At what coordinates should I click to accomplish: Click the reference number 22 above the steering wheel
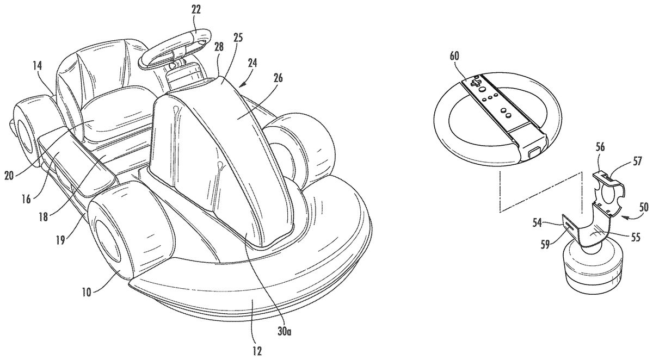[196, 11]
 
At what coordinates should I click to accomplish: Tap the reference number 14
[38, 66]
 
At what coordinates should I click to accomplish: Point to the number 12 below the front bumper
[257, 351]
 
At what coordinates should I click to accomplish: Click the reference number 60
[454, 56]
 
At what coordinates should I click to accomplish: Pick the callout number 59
[545, 245]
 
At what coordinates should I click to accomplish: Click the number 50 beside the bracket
[644, 207]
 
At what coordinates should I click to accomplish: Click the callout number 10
[87, 292]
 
